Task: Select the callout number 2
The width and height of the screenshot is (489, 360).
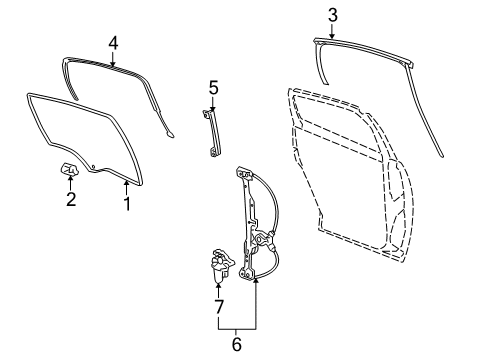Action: click(70, 200)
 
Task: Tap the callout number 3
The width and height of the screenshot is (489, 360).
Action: click(331, 14)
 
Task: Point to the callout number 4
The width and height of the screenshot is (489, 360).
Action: click(113, 43)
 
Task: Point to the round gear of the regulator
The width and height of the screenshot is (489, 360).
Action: click(263, 240)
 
